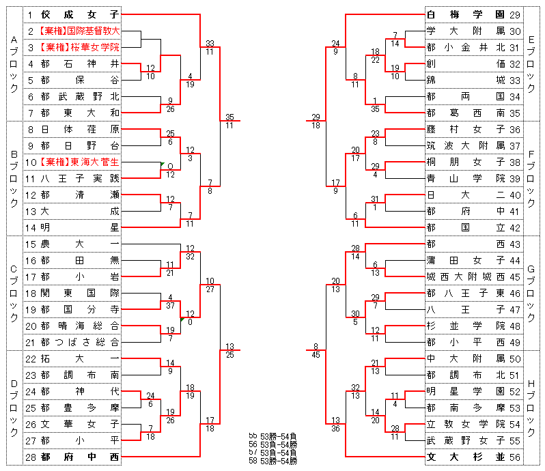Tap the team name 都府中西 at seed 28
[79, 457]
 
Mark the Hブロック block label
[532, 408]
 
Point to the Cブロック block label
[14, 293]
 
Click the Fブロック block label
[532, 178]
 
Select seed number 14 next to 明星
[31, 227]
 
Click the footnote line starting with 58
[272, 461]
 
